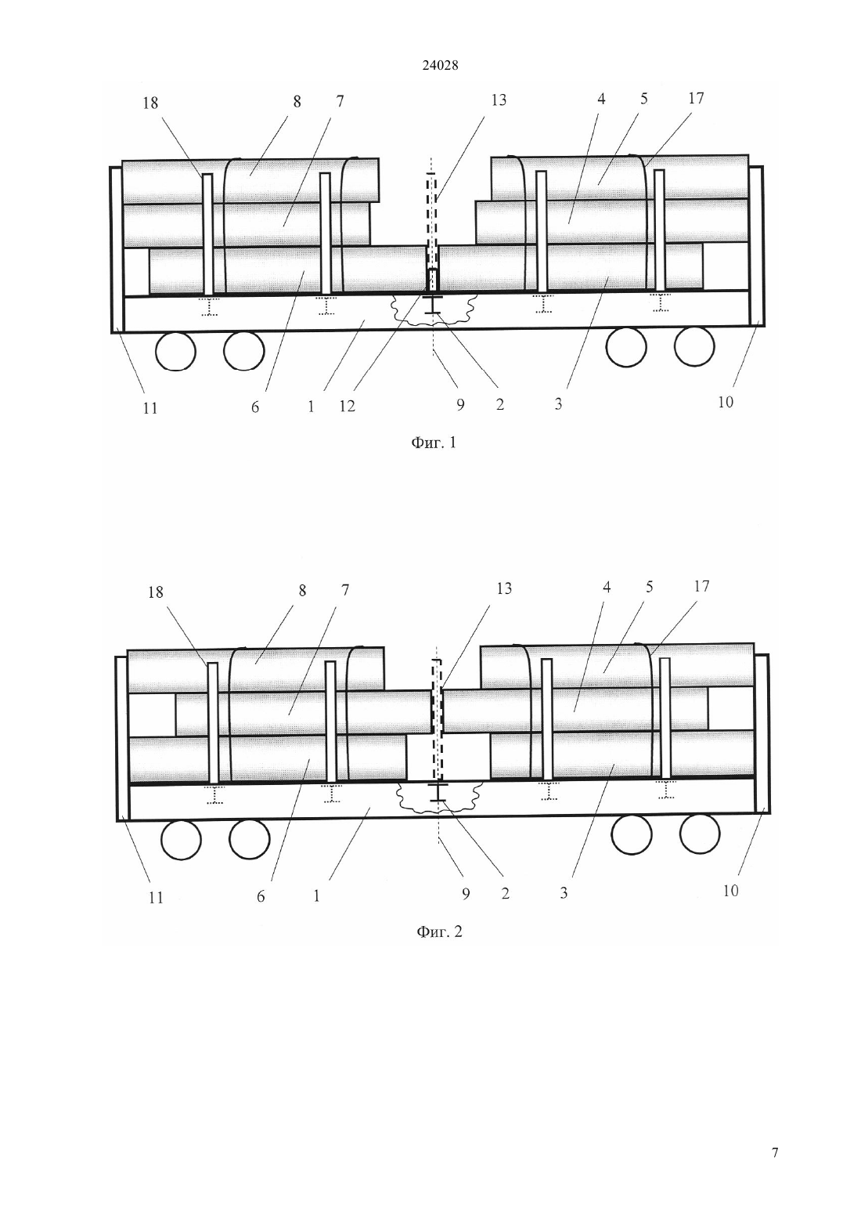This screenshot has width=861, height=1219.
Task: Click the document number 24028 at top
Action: point(440,66)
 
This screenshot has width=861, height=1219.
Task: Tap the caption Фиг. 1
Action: point(433,443)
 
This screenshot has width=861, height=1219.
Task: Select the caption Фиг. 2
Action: point(439,931)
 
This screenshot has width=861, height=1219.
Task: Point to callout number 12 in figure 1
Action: point(348,406)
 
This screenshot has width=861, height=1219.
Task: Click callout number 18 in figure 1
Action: point(150,103)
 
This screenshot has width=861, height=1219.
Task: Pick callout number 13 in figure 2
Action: point(504,588)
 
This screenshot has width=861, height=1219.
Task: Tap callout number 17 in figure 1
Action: point(696,98)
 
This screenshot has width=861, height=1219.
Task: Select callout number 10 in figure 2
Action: point(731,891)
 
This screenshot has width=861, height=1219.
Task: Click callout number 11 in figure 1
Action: point(150,408)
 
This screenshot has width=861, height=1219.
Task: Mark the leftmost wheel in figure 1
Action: point(175,351)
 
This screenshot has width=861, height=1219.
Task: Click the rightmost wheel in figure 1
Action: point(694,346)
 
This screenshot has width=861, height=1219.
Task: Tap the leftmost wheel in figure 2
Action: point(182,840)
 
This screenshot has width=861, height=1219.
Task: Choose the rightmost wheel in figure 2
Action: point(700,834)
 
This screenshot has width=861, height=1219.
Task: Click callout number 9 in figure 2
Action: point(465,894)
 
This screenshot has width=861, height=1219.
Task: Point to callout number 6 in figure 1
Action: point(255,407)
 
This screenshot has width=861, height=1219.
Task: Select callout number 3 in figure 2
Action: point(564,893)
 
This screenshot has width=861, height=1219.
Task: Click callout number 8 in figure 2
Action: point(302,591)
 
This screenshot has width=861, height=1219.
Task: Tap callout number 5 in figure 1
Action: point(643,99)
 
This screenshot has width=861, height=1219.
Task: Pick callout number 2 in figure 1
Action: point(499,404)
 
